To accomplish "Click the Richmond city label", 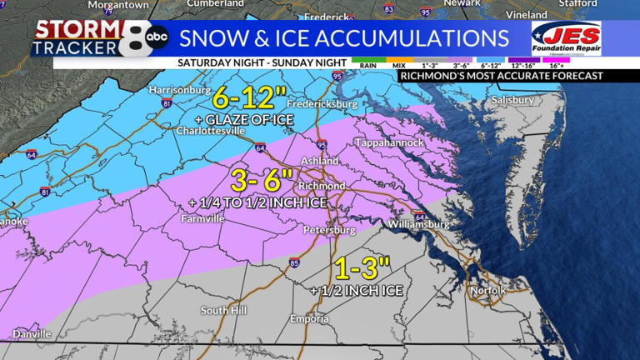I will (x=321, y=185).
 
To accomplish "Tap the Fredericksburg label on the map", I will (x=322, y=105).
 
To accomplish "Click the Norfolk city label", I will (x=487, y=290).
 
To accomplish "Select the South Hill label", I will (x=223, y=310).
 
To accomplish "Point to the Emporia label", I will (x=309, y=319).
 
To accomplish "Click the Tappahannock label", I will (x=389, y=142).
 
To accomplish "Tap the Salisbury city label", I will (x=512, y=100).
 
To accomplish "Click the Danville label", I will (x=32, y=333).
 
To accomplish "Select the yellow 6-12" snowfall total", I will (x=242, y=98).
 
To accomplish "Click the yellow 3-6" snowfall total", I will (x=262, y=178).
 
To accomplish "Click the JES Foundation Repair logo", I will (x=567, y=38).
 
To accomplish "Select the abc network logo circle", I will (x=156, y=37).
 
